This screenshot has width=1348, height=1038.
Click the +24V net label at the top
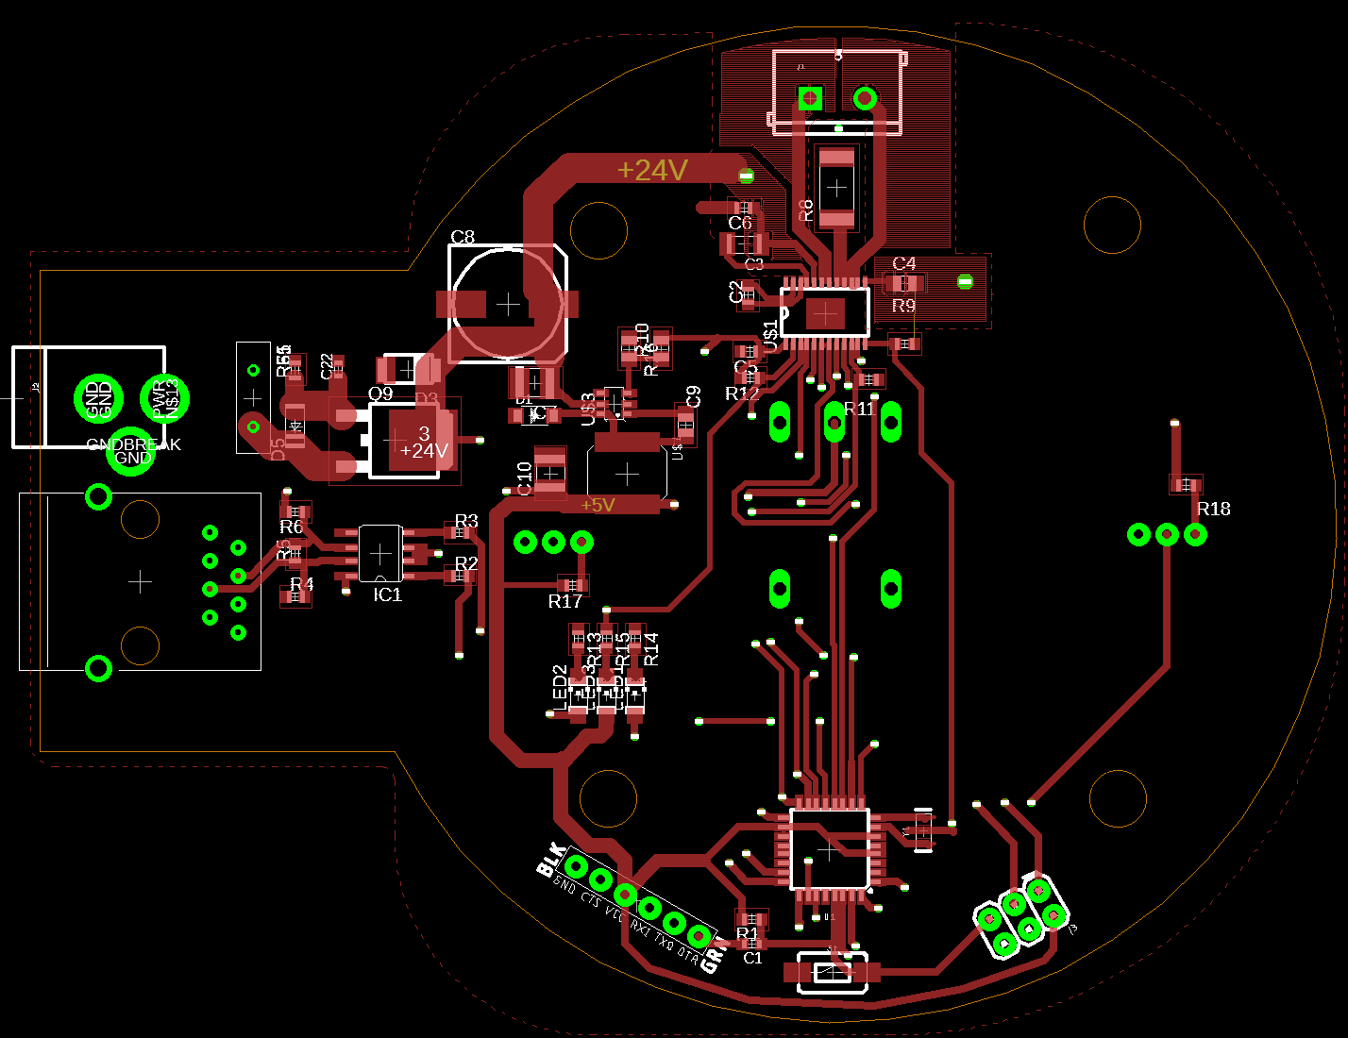(652, 170)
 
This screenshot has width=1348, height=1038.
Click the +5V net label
(598, 505)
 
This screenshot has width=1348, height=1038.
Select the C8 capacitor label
(463, 237)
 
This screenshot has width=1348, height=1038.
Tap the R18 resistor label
(1213, 509)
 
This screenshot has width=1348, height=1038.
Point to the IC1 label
(388, 594)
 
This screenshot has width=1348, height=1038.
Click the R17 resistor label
(565, 601)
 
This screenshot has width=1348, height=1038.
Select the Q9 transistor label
(380, 393)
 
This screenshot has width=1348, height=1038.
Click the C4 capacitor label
(903, 263)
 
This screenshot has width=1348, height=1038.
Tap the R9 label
(903, 306)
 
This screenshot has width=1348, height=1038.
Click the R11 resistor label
(859, 409)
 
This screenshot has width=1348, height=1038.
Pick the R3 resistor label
(466, 521)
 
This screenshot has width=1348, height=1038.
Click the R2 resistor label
(466, 563)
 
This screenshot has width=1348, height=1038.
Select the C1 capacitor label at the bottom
(752, 958)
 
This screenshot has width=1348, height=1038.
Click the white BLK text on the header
(550, 860)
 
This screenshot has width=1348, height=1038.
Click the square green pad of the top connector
(809, 97)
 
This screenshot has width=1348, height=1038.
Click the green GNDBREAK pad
(132, 451)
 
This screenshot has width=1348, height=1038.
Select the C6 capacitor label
(740, 223)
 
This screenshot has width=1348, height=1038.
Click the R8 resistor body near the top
(836, 188)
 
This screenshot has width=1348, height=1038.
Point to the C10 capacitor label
(525, 478)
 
